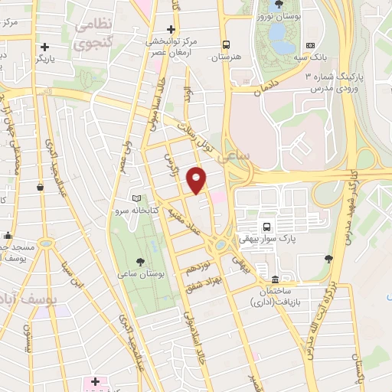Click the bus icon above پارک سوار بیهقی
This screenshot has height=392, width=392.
(266, 227)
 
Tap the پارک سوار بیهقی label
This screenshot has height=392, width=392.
(266, 239)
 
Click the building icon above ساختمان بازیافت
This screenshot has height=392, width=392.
(275, 278)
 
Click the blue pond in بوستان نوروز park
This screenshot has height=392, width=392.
(276, 34)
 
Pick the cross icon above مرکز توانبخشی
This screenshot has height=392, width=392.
(171, 28)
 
